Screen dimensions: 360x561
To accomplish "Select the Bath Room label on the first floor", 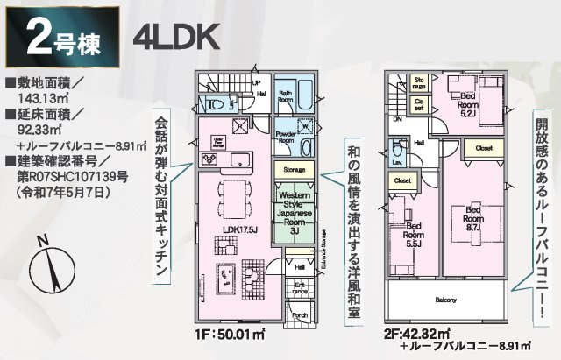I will coord(287,95).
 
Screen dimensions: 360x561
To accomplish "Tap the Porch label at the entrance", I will coord(300,316).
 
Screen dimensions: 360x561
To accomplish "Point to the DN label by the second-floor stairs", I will coord(397,120).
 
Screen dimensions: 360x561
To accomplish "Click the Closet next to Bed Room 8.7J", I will coord(484,149).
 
